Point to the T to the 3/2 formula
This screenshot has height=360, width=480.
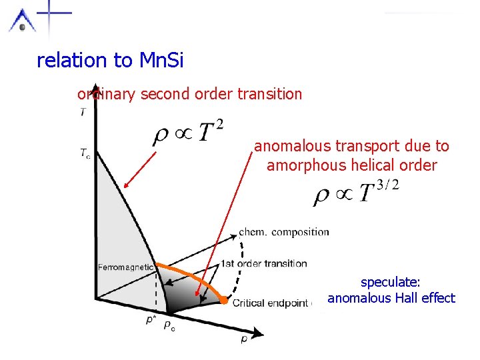point(357,194)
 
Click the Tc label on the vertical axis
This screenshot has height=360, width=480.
point(84,153)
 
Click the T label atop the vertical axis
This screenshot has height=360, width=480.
point(83,112)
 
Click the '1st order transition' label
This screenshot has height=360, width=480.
point(264,263)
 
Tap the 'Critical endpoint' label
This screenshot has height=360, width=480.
point(270,303)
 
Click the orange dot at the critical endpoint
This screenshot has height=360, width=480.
point(225,302)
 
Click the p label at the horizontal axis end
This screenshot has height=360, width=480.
point(245,339)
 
